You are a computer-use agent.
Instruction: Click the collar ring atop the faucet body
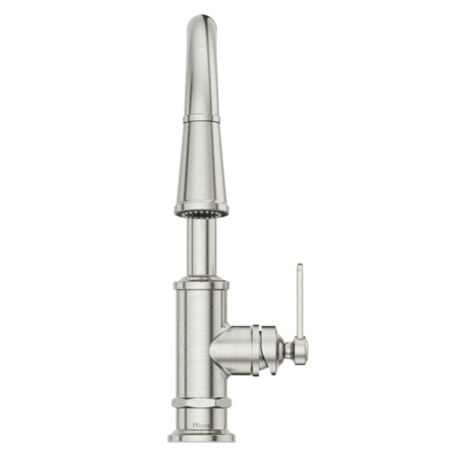click(x=201, y=285)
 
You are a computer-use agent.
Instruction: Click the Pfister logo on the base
click(x=201, y=424)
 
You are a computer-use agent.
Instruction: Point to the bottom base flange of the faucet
click(x=201, y=437)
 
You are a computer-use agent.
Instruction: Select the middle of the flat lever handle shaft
click(x=300, y=301)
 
